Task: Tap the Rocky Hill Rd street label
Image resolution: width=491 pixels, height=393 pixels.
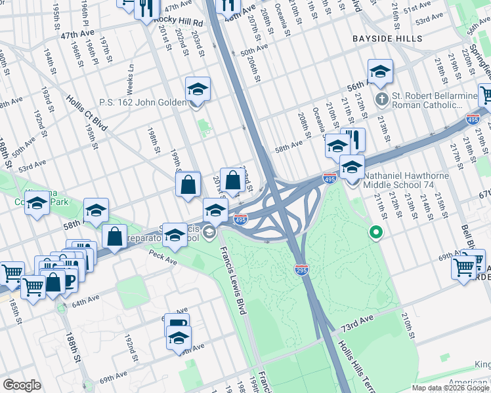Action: point(179,21)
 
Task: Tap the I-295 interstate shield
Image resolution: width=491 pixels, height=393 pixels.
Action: point(301,269)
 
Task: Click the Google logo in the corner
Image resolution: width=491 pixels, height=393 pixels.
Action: point(22,385)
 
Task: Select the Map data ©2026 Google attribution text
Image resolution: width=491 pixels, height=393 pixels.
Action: point(450,388)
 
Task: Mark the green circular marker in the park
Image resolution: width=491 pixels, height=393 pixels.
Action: point(376,231)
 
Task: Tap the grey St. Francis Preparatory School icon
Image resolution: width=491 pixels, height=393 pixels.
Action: point(209,231)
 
